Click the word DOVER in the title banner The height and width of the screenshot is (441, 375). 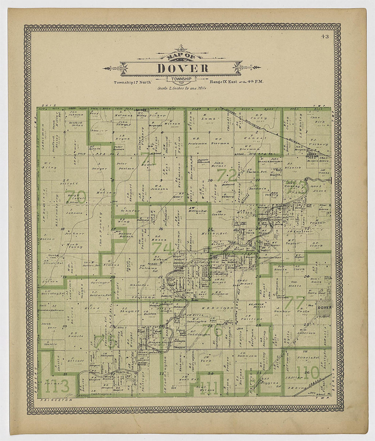tap(183, 68)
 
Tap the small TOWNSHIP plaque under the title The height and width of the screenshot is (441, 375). tap(180, 79)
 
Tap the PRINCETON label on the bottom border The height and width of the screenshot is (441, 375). tap(57, 401)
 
